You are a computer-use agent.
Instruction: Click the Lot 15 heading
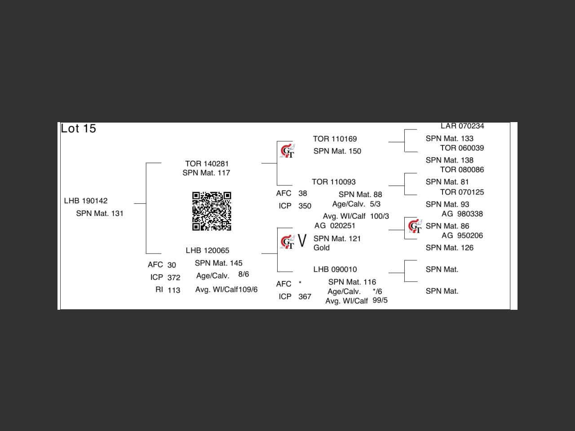coord(78,128)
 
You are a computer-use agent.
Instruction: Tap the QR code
coord(212,211)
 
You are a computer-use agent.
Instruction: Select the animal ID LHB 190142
coord(86,201)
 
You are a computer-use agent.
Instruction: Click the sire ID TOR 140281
coord(207,163)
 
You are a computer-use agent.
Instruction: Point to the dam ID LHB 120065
coord(207,250)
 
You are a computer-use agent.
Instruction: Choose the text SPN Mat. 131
coord(99,213)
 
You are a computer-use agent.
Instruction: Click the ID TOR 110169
coord(335,139)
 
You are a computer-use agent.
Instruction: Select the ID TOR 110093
coord(333,182)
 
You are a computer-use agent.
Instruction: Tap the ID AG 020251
coord(335,225)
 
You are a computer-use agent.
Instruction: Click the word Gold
coord(321,247)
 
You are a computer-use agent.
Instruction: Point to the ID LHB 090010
coord(335,269)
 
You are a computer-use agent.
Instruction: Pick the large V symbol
coord(302,241)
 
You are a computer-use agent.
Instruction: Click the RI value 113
coord(174,290)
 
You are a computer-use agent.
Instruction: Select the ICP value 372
coord(174,277)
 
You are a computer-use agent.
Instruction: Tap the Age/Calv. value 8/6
coord(243,274)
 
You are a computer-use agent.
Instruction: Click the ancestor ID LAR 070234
coord(462,126)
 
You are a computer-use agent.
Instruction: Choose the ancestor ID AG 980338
coord(462,214)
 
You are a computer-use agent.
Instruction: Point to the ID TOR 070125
coord(462,192)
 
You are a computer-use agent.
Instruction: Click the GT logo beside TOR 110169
coord(287,151)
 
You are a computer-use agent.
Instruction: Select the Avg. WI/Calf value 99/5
coord(380,300)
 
